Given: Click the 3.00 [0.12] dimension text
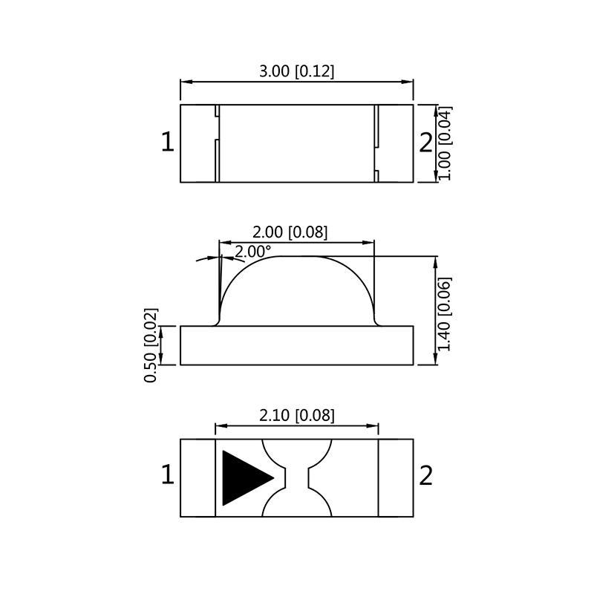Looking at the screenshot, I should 296,72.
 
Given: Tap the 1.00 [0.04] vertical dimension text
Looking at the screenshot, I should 445,143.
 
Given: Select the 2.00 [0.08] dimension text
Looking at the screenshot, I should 290,232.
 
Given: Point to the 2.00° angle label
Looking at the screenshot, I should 252,252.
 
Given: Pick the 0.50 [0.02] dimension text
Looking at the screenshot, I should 150,345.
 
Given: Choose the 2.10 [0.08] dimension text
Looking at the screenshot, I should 296,416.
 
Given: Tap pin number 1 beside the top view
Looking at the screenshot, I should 167,143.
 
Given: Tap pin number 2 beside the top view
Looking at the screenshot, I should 425,143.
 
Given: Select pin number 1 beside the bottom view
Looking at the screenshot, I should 167,475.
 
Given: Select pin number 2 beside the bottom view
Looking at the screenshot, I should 425,475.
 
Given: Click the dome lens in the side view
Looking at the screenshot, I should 296,293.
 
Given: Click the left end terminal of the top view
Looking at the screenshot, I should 198,143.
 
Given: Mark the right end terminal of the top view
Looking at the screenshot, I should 395,143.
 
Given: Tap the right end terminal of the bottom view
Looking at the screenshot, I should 396,478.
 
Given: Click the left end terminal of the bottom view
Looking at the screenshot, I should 198,478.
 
